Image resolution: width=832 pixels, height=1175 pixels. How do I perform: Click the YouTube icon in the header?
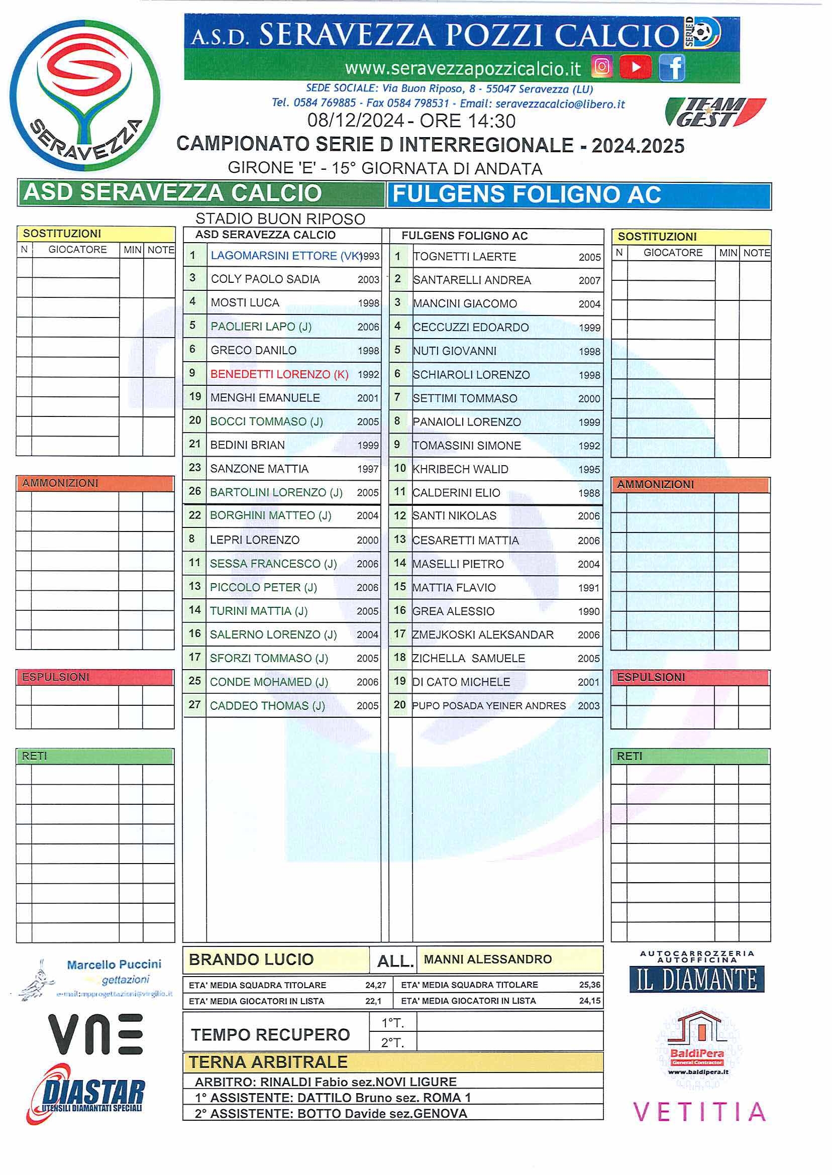635,67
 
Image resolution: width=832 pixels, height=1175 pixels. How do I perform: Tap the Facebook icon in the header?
672,68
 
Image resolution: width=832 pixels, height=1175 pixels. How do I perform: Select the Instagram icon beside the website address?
602,67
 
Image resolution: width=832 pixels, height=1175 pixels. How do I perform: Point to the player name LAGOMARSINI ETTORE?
274,256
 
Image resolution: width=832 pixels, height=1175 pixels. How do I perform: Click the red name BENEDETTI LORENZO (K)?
279,374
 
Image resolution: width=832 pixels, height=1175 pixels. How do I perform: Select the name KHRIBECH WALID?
461,469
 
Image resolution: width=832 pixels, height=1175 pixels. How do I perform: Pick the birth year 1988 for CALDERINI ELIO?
589,493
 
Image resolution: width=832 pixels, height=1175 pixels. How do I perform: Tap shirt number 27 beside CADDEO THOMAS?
194,705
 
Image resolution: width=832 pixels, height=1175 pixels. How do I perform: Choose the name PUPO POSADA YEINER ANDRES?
489,705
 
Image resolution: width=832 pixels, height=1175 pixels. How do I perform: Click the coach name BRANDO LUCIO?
251,959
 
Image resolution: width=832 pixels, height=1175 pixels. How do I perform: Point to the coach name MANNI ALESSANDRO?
488,959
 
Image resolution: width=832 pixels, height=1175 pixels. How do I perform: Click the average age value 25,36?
590,985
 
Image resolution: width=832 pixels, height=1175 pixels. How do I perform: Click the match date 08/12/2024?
356,121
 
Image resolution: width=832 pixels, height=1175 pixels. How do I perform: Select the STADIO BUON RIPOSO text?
280,219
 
